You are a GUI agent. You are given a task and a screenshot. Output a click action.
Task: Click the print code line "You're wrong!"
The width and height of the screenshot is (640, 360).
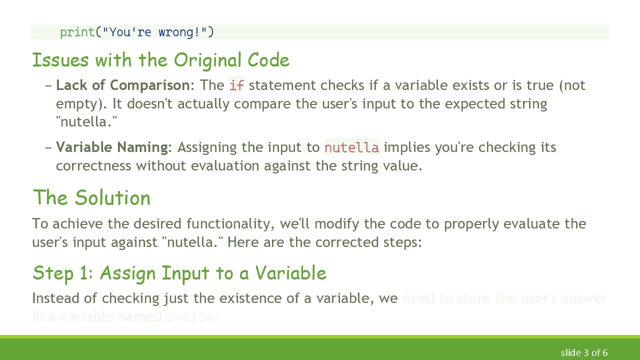coord(136,32)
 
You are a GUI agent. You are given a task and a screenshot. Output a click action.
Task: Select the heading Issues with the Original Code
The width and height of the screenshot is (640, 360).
coord(160,60)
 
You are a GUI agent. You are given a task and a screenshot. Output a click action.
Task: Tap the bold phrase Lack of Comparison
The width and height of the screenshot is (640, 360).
coord(122,85)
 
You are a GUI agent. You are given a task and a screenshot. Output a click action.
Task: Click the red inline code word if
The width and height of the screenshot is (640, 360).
coord(236,85)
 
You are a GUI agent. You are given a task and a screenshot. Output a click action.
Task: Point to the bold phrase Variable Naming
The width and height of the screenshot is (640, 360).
coord(112,147)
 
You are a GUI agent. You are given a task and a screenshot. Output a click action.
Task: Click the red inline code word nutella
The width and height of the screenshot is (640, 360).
coord(351,147)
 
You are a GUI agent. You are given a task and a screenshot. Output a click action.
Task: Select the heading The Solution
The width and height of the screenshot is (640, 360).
coord(91,198)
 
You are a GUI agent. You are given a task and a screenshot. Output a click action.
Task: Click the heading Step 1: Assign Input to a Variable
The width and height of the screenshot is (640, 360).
coord(179,273)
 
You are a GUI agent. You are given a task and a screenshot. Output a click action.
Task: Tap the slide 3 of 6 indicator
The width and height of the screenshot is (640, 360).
coord(584,353)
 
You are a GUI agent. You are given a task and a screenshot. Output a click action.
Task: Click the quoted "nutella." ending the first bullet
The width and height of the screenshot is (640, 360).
coord(86,122)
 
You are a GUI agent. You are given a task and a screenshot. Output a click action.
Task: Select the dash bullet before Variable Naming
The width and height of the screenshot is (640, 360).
coord(48,147)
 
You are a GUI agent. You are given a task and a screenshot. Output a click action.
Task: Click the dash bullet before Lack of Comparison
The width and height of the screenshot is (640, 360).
coord(48,85)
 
